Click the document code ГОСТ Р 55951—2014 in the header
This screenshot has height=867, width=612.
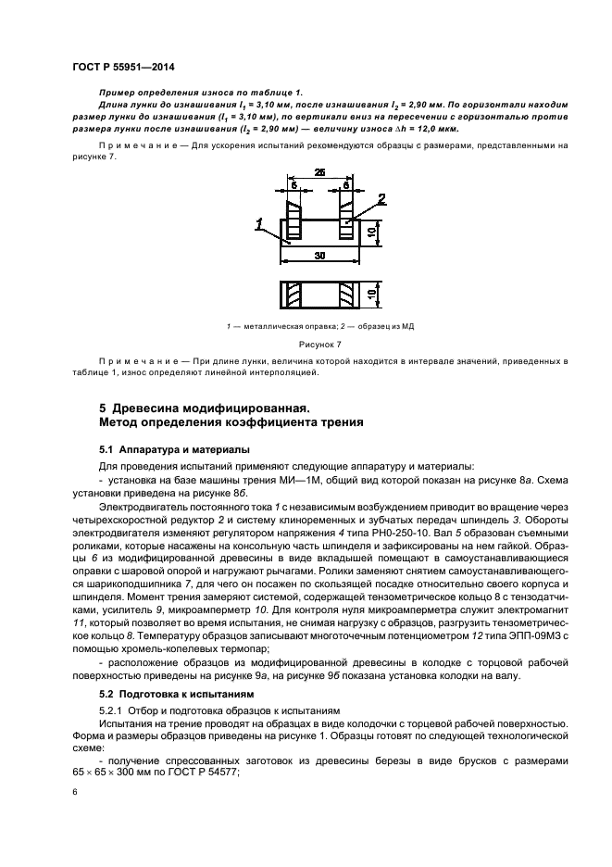tap(123, 68)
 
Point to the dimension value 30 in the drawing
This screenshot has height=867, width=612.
tap(318, 255)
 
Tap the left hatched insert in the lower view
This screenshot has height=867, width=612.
tap(293, 296)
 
